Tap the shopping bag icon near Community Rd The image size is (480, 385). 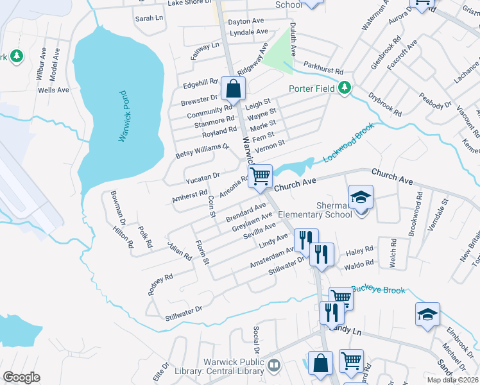point(233,89)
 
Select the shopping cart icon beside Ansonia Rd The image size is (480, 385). point(260,176)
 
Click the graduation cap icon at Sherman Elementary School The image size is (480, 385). point(361,197)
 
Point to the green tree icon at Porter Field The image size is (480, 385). point(345,88)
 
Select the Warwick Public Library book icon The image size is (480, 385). point(274,365)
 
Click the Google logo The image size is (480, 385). point(21,377)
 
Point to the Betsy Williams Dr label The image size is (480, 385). point(202,152)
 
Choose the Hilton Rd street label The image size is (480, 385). point(122,236)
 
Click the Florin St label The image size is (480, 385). point(202,252)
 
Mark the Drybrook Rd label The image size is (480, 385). point(385,105)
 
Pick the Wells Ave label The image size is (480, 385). point(53,90)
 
